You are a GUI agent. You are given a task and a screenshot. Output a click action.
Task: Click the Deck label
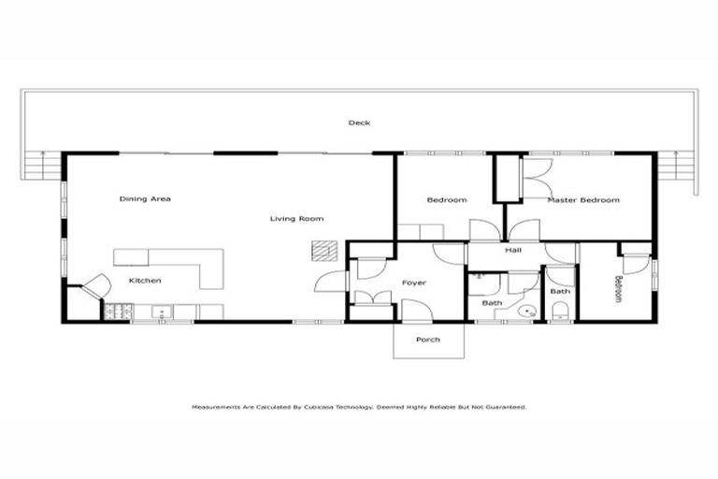359,123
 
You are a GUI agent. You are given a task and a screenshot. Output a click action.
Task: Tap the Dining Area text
145,198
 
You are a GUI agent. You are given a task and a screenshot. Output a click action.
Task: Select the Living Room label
296,219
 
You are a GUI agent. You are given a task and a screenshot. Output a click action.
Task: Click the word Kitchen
145,281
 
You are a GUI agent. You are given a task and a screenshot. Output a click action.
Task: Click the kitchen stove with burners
121,312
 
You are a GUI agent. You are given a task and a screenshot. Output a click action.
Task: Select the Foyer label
414,282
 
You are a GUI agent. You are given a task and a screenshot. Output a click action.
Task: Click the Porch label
427,339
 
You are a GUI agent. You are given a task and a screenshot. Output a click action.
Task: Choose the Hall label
512,250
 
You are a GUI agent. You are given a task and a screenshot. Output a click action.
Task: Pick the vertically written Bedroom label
617,288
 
